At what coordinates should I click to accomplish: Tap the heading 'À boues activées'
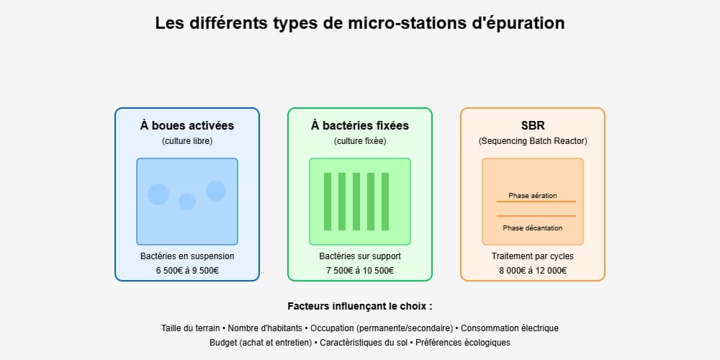[x=187, y=125]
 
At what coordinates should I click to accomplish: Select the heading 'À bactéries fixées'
[x=359, y=125]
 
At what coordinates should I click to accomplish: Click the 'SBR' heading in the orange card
[x=533, y=125]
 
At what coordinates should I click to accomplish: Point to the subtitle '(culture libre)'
[x=187, y=141]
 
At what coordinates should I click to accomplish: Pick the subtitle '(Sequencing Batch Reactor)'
[x=533, y=141]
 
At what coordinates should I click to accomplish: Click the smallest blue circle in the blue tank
[x=187, y=202]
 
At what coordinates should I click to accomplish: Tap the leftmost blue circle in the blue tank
[x=158, y=194]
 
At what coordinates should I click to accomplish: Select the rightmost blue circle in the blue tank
[x=216, y=191]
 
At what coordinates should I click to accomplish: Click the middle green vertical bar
[x=356, y=202]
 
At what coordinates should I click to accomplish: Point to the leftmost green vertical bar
[x=328, y=202]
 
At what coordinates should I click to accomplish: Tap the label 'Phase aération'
[x=533, y=196]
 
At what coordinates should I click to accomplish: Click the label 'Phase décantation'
[x=533, y=228]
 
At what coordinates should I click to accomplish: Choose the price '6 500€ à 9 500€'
[x=187, y=271]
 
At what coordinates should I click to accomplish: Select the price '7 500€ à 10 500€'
[x=360, y=271]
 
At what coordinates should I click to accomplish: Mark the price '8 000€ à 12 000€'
[x=533, y=271]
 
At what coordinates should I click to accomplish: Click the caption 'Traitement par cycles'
[x=533, y=256]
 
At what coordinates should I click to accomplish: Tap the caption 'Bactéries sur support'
[x=360, y=256]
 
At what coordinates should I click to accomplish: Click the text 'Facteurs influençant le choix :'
[x=360, y=306]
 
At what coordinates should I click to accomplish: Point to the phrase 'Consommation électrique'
[x=510, y=328]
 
